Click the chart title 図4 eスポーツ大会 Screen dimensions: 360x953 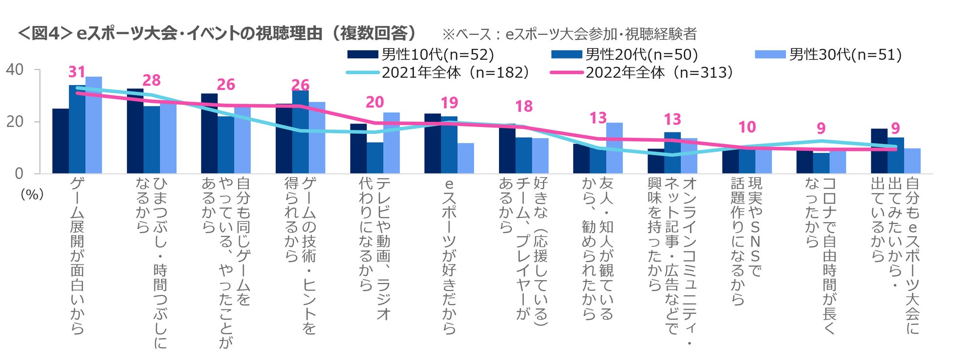point(217,33)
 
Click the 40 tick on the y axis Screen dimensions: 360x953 point(15,69)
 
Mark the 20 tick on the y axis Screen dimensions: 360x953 point(15,122)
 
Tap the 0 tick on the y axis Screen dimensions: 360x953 point(19,173)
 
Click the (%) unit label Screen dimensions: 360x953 point(32,194)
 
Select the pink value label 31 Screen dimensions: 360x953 point(77,72)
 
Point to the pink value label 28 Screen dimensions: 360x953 point(152,80)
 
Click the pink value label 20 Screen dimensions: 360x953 point(375,102)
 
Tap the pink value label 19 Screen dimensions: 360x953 point(449,103)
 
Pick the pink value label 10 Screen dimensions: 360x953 point(747,127)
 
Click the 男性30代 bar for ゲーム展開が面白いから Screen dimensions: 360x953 point(94,125)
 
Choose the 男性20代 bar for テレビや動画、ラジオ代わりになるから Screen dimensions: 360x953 point(375,158)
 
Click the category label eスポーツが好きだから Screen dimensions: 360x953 point(449,256)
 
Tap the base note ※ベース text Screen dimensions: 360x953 point(569,34)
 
